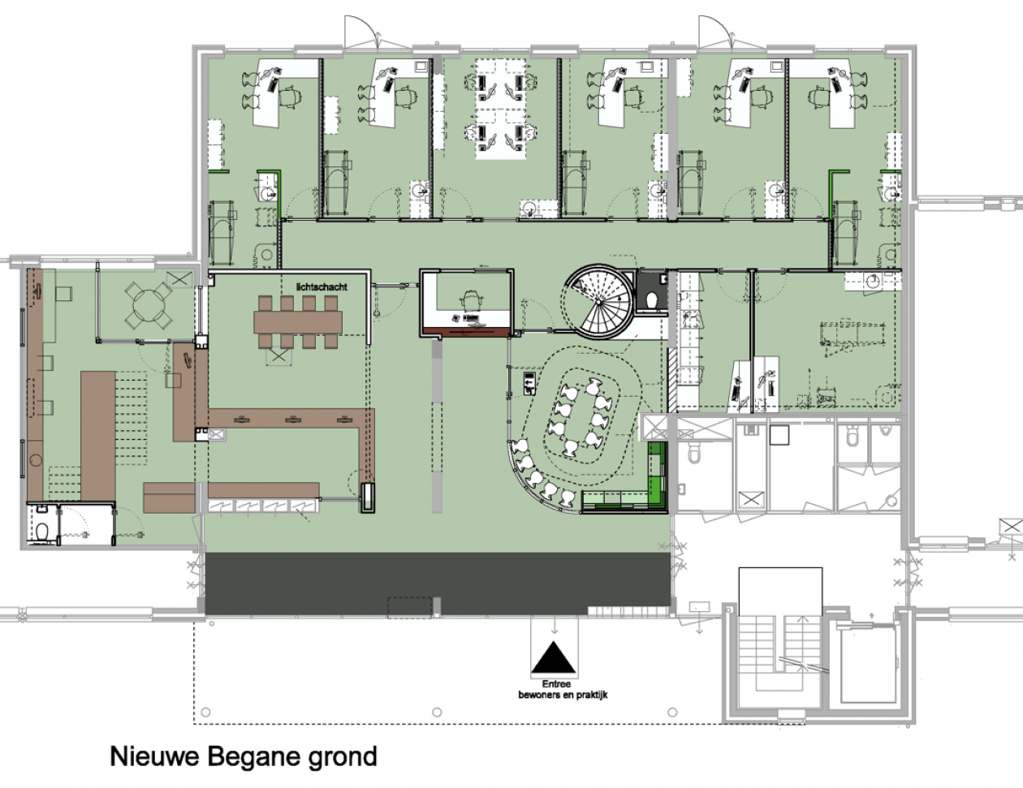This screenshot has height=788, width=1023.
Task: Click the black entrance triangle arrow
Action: pyautogui.click(x=553, y=657)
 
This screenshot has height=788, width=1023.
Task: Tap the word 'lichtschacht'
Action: pyautogui.click(x=322, y=287)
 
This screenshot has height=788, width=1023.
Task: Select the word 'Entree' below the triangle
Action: pyautogui.click(x=556, y=684)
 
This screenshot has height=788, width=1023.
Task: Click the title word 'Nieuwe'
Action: pyautogui.click(x=154, y=756)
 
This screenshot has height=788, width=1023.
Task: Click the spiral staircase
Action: pyautogui.click(x=598, y=302)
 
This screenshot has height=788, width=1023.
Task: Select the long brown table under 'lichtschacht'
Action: pyautogui.click(x=298, y=322)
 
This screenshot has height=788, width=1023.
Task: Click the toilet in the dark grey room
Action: pyautogui.click(x=652, y=299)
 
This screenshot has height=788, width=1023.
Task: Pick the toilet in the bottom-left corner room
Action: pyautogui.click(x=42, y=532)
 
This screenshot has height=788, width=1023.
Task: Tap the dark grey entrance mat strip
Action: pyautogui.click(x=438, y=583)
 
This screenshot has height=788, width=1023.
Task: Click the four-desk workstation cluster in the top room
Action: pyautogui.click(x=500, y=109)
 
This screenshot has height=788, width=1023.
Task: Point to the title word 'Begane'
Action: pyautogui.click(x=253, y=757)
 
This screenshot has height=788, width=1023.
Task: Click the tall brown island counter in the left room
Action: pyautogui.click(x=98, y=436)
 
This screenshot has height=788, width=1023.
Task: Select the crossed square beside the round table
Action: pyautogui.click(x=179, y=279)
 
